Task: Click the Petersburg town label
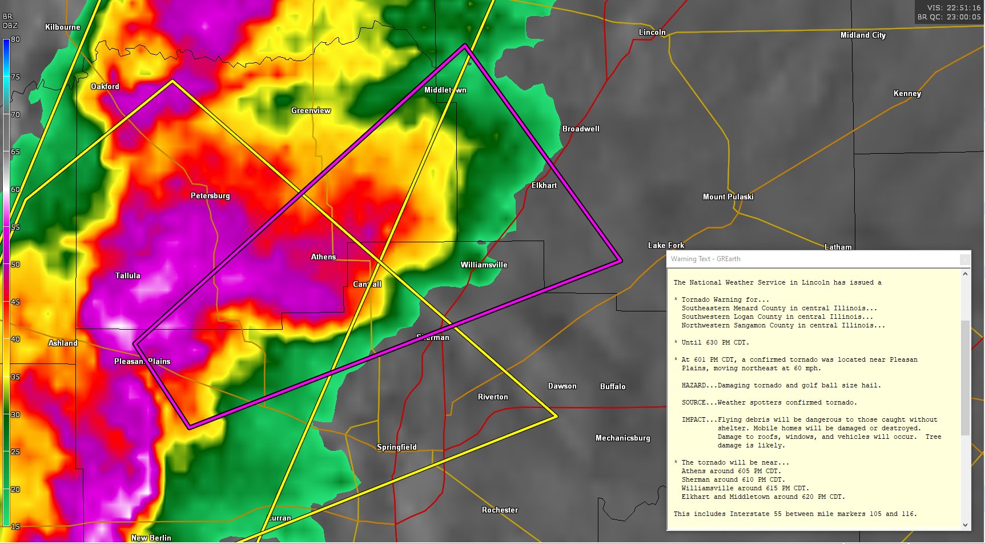(x=210, y=195)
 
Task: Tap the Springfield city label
(x=396, y=447)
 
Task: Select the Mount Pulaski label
(x=727, y=197)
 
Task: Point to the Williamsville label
(x=484, y=265)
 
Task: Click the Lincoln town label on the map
(x=652, y=32)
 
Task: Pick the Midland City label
(x=862, y=35)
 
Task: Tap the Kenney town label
(x=907, y=93)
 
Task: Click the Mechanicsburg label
(x=622, y=438)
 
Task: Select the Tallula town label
(x=127, y=275)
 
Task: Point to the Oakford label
(x=105, y=86)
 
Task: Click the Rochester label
(x=500, y=510)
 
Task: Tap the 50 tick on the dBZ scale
(x=15, y=265)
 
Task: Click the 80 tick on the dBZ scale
(x=15, y=39)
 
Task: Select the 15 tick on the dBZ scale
(x=15, y=526)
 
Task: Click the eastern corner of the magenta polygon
(x=621, y=261)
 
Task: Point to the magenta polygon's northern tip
(x=465, y=45)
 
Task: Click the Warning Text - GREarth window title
(x=705, y=259)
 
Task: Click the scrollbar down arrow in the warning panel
(x=965, y=525)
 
